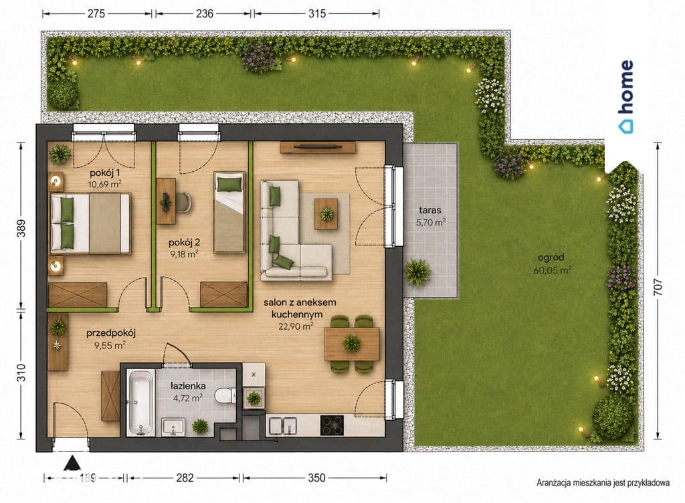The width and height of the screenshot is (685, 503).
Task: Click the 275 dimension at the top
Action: tap(96, 13)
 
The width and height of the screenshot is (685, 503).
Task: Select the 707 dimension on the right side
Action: tap(658, 287)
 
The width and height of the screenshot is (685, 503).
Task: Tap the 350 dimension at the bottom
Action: tap(316, 478)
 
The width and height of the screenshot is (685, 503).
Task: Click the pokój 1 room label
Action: tap(105, 173)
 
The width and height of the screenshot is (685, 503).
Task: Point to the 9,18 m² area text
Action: tap(184, 254)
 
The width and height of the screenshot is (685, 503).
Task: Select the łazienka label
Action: tap(188, 386)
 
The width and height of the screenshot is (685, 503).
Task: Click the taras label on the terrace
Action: tap(430, 210)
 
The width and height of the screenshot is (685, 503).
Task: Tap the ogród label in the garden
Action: tap(551, 257)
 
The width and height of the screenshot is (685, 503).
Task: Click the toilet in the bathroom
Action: tap(225, 395)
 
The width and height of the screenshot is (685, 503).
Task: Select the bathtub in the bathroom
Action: tap(140, 403)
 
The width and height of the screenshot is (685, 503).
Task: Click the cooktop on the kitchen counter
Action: tap(332, 425)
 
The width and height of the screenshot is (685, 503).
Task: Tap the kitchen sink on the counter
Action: tap(283, 425)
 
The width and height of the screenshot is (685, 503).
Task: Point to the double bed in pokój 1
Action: tap(90, 223)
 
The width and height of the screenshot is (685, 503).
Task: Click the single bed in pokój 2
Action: tap(229, 213)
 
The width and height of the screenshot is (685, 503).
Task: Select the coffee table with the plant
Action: tap(326, 213)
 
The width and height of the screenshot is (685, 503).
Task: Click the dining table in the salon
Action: tap(352, 344)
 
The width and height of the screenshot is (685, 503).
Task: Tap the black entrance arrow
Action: tap(72, 463)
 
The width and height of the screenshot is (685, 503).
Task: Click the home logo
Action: tap(626, 96)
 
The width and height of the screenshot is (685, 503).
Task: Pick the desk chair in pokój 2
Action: tap(185, 202)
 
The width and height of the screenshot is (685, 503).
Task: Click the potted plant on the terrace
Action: tap(417, 272)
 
